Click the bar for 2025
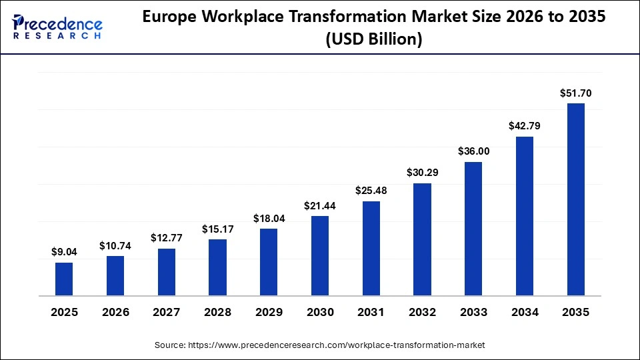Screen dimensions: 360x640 pyautogui.click(x=64, y=279)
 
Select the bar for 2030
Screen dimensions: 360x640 pyautogui.click(x=320, y=255)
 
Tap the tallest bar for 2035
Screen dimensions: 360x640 pyautogui.click(x=575, y=199)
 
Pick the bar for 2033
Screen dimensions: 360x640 pyautogui.click(x=473, y=228)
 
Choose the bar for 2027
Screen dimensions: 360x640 pyautogui.click(x=167, y=272)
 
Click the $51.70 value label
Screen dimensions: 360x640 pyautogui.click(x=575, y=94)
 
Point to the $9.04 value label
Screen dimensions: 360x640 pyautogui.click(x=64, y=252)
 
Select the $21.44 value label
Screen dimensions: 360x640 pyautogui.click(x=320, y=205)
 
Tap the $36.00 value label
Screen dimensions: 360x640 pyautogui.click(x=473, y=151)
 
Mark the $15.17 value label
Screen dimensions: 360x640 pyautogui.click(x=218, y=229)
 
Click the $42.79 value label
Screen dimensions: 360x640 pyautogui.click(x=525, y=126)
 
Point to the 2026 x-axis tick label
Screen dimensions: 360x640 pyautogui.click(x=115, y=312)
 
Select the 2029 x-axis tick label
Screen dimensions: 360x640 pyautogui.click(x=269, y=312)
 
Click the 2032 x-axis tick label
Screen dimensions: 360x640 pyautogui.click(x=422, y=312)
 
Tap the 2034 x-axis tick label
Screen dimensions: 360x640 pyautogui.click(x=525, y=312)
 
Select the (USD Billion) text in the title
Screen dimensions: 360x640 pyautogui.click(x=373, y=40)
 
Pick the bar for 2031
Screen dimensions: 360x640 pyautogui.click(x=371, y=248)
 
